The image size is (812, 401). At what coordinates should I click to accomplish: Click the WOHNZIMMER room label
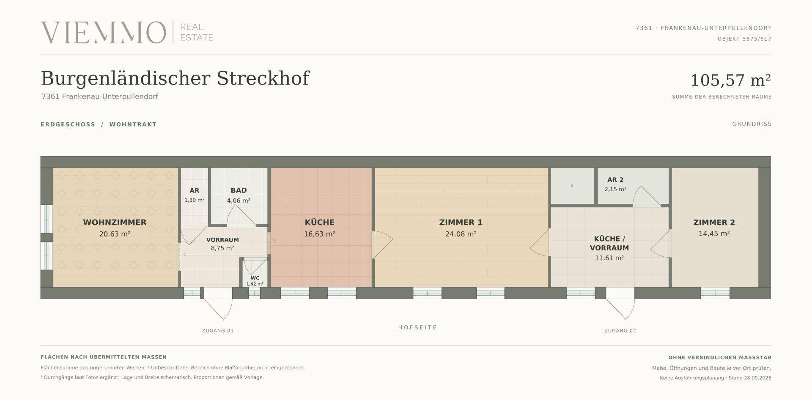[115, 222]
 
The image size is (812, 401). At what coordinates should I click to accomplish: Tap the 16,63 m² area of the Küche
[320, 234]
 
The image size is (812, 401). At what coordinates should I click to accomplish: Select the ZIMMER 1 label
[461, 222]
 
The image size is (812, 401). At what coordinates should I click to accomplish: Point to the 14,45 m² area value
[714, 233]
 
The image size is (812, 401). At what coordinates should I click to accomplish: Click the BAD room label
[239, 191]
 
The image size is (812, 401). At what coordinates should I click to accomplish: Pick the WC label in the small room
[255, 278]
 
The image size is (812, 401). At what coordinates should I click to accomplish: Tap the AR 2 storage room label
[615, 180]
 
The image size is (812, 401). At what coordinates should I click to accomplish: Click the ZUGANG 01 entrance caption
[218, 331]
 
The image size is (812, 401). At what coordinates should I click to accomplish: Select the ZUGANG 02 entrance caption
[620, 331]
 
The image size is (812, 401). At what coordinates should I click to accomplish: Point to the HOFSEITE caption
[417, 327]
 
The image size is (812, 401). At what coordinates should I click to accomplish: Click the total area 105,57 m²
[730, 80]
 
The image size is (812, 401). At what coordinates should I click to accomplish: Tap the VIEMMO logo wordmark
[103, 33]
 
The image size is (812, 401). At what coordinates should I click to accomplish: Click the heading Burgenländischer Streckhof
[175, 78]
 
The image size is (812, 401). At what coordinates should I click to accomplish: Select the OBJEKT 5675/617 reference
[744, 39]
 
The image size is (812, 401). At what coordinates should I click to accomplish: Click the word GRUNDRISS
[752, 124]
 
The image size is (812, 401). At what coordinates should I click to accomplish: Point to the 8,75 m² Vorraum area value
[222, 248]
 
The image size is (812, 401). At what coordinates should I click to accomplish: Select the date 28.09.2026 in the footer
[757, 378]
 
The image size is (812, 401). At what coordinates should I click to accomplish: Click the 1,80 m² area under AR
[194, 200]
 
